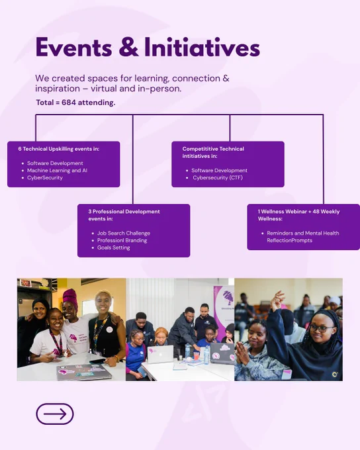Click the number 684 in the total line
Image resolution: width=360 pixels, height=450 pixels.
click(x=69, y=103)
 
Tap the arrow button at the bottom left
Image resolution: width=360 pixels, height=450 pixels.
click(x=55, y=414)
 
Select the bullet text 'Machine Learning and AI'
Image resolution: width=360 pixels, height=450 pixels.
click(x=57, y=171)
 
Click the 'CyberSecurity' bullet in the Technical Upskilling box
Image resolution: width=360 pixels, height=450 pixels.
click(x=45, y=177)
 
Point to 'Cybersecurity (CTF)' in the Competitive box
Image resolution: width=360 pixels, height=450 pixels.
click(x=218, y=177)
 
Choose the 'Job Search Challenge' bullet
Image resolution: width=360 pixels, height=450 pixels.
click(x=124, y=234)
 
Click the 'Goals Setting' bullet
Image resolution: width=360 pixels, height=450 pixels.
click(x=113, y=247)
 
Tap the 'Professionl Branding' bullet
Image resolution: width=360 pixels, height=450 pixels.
click(x=122, y=240)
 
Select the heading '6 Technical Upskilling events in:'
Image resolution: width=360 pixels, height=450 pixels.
click(x=59, y=149)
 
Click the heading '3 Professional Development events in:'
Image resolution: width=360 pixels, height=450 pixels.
click(x=124, y=215)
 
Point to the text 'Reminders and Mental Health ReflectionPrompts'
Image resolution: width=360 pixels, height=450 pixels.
click(x=303, y=237)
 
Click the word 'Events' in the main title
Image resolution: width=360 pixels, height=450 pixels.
click(x=73, y=47)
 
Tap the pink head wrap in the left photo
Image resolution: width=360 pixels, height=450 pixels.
click(x=70, y=297)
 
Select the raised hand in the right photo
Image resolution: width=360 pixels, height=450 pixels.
click(x=277, y=300)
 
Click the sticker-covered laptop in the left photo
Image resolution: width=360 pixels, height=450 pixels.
click(x=84, y=372)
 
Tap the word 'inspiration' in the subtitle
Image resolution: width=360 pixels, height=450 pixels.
click(x=58, y=89)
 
